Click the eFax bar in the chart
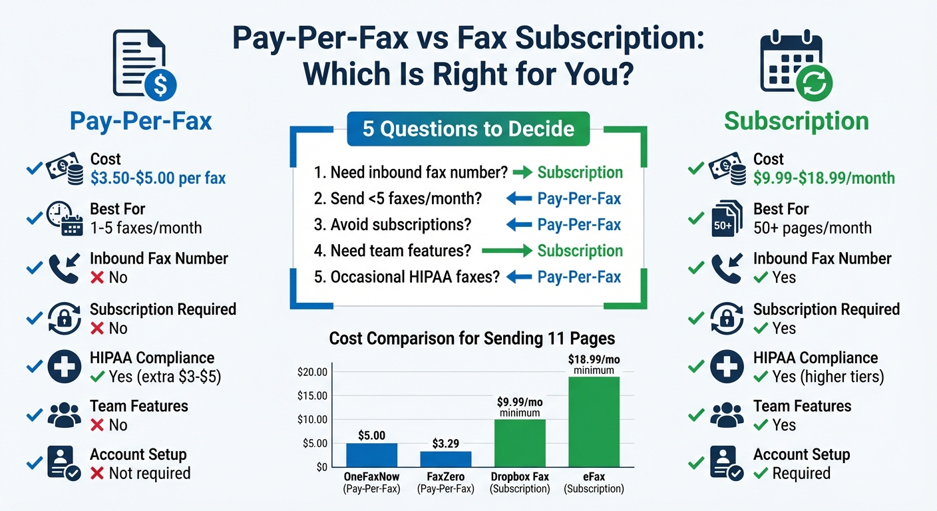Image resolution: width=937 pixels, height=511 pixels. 594,421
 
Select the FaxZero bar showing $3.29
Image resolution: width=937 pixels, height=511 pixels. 445,458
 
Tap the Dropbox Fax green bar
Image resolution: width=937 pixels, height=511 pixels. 519,442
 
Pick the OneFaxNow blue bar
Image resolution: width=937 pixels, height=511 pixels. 371,454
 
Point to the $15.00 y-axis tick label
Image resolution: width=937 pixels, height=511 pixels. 313,396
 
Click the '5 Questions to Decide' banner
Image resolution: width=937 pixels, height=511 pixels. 468,128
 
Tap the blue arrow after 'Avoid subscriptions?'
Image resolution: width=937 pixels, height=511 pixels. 518,225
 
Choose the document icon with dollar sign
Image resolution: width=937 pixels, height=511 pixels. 144,65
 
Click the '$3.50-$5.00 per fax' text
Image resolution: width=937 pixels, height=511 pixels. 158,178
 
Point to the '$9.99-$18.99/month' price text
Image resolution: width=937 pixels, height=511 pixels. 824,178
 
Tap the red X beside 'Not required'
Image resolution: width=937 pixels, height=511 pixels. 97,474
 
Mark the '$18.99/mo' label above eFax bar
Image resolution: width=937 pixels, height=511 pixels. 594,360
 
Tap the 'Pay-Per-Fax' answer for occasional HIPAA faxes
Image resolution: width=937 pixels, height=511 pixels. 579,277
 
